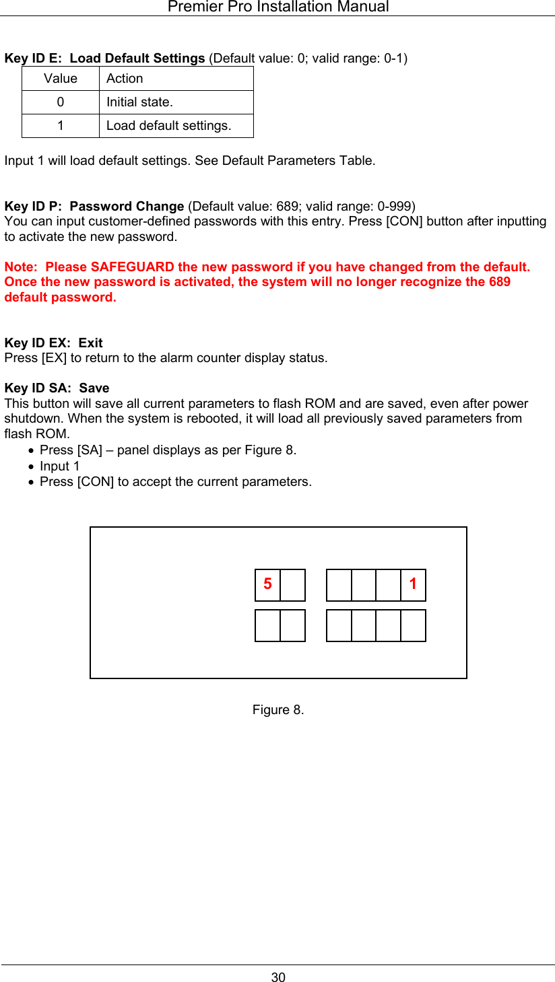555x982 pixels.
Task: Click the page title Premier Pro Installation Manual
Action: pos(277,7)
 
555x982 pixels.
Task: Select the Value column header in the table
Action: pos(61,79)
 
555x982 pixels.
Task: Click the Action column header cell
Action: pos(125,79)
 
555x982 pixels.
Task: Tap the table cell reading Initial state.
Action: pos(139,102)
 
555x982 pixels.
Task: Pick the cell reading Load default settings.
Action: pos(168,126)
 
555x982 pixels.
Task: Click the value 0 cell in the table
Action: pos(61,102)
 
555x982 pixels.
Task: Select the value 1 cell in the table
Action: pos(61,126)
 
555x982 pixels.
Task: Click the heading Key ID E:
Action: pos(34,59)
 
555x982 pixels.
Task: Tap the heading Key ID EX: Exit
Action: pos(54,343)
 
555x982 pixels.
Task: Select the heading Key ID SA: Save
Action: pos(57,388)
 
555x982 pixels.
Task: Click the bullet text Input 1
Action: pos(59,466)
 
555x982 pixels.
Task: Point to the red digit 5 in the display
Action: pos(267,584)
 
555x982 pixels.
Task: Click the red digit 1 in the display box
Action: pos(413,584)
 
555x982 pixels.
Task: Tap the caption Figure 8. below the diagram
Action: pos(278,710)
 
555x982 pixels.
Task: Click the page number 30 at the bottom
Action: pos(278,977)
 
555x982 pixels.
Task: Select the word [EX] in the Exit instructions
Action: pos(53,358)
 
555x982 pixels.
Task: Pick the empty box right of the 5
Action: pos(292,585)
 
